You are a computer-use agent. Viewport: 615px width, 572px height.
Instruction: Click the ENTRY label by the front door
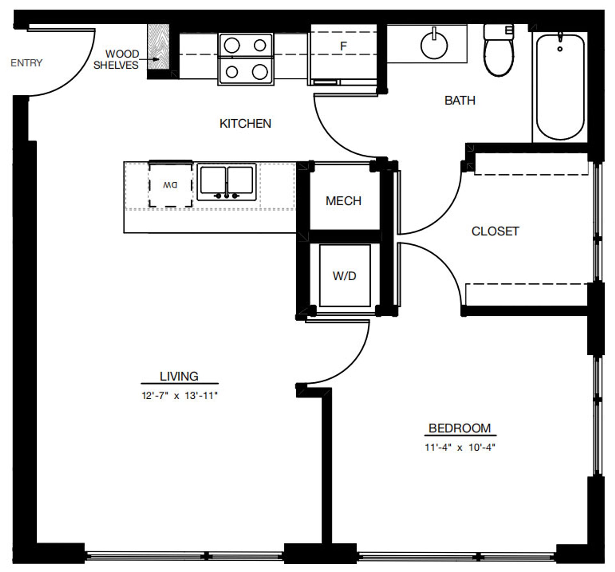[26, 63]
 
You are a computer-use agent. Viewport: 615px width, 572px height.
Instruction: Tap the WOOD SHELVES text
[116, 59]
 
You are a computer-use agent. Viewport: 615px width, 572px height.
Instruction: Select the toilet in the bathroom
[498, 54]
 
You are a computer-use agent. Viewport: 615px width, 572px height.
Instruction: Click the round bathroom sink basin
[434, 46]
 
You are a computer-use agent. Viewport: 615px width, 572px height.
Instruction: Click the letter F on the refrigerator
[343, 46]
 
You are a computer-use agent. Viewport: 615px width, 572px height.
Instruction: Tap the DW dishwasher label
[170, 185]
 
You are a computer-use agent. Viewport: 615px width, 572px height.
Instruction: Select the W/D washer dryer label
[344, 276]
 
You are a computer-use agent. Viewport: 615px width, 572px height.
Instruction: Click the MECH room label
[343, 201]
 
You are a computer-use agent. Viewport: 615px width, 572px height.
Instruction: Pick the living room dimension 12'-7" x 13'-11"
[179, 396]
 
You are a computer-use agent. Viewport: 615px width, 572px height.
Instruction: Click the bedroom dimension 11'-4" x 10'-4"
[460, 447]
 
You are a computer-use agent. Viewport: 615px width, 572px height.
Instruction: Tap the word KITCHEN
[245, 124]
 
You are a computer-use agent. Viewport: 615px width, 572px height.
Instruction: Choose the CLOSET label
[495, 231]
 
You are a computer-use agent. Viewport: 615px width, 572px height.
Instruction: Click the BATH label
[460, 101]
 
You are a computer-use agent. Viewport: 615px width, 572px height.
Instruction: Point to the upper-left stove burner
[232, 45]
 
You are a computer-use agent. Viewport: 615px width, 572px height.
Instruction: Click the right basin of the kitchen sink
[240, 180]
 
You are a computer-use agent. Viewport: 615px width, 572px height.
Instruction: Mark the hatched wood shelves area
[158, 46]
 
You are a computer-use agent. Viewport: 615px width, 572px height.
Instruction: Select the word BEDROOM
[460, 428]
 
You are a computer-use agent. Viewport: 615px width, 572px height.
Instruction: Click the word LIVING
[179, 376]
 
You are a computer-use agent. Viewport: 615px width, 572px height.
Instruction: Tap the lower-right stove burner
[260, 72]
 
